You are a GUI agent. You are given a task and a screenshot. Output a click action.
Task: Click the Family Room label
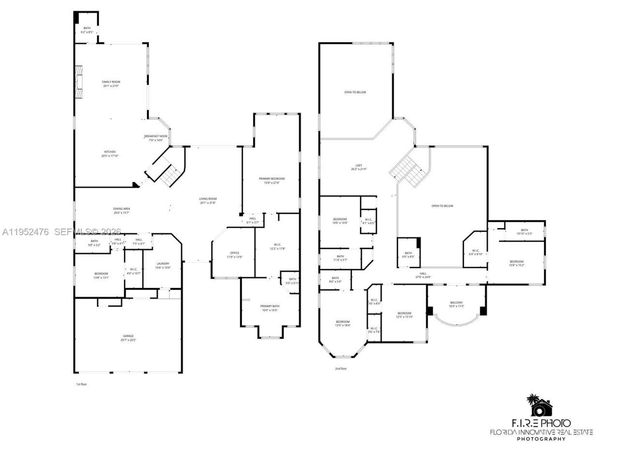coord(110,84)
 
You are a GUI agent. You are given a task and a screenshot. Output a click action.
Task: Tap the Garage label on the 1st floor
coord(128,338)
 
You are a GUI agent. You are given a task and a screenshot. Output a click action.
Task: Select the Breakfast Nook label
coord(156,138)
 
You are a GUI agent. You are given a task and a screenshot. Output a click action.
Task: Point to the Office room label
coord(235,255)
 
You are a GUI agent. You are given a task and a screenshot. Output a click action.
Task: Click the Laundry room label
coord(162,265)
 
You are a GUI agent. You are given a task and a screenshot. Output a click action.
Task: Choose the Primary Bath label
coord(270,308)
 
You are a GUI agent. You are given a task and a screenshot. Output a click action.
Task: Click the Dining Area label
coord(121,211)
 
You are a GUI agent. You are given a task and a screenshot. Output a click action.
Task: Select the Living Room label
coord(208,201)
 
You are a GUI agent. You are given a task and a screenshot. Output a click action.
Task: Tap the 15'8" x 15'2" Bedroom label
coord(516,263)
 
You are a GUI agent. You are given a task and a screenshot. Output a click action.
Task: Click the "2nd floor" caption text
coord(341,369)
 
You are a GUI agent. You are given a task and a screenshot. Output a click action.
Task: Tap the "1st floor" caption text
coord(81,384)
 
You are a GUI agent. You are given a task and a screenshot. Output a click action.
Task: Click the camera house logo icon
coord(541,406)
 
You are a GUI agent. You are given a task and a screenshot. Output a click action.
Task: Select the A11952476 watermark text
coord(25,232)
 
